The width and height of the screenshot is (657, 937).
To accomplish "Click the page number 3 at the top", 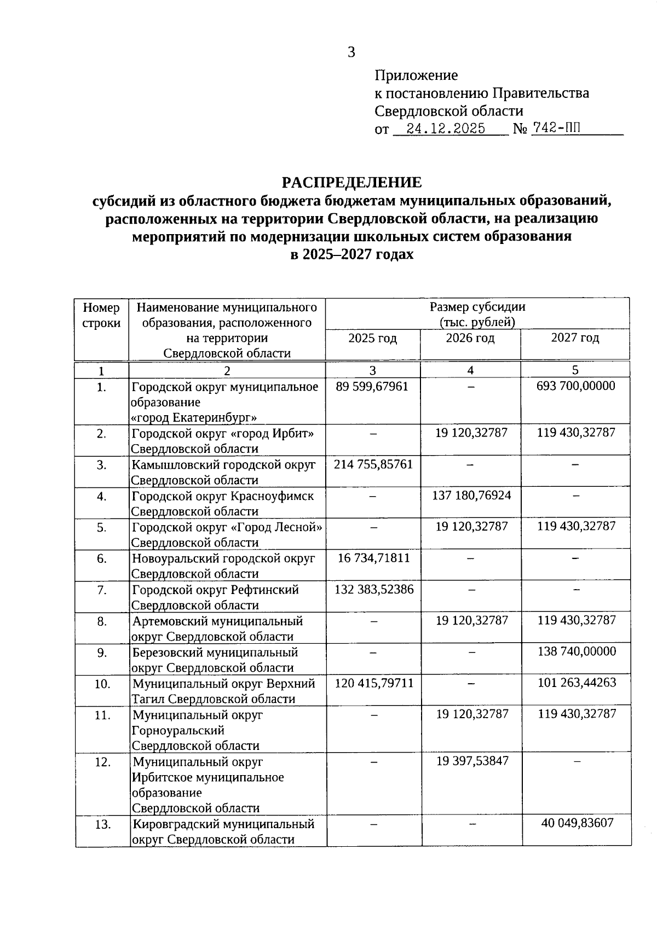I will coord(351,53).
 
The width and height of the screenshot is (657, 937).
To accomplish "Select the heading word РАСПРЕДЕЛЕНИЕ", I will coord(351,182).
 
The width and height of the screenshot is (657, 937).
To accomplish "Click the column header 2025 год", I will coord(372,338).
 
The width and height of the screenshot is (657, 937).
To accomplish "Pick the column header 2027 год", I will coord(575,337).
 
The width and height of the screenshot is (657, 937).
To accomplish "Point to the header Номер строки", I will coord(101,315).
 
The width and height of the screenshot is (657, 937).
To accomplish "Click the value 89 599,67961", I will coord(372,386).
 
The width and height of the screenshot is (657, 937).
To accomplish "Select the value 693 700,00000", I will coord(575,386).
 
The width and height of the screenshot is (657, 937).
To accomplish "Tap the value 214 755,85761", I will coord(373,464).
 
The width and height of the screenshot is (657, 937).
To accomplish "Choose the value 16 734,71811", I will coord(373,558).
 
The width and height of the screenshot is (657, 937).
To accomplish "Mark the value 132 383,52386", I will coord(374,589).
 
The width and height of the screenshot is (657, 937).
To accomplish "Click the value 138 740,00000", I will coord(577,651).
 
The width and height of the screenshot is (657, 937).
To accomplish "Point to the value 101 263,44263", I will coord(577,683).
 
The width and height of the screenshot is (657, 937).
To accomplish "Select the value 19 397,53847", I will coord(472,761).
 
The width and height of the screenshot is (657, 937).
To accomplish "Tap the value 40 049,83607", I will coord(577,823).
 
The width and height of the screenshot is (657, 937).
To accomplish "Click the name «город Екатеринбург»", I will coord(194,418).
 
